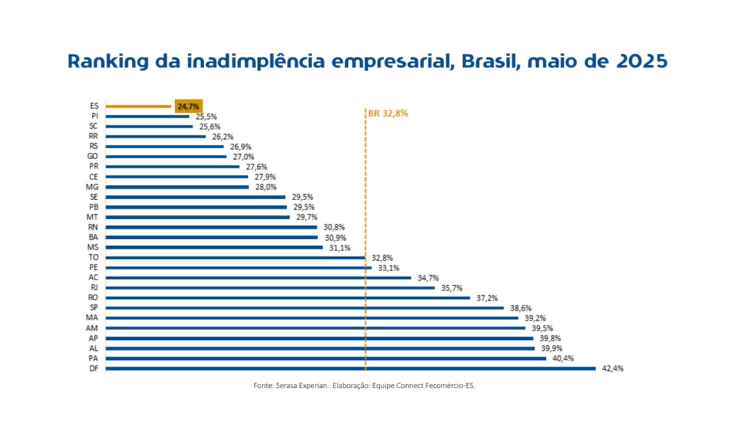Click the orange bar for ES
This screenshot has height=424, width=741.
(138, 106)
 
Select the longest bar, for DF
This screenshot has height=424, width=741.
(350, 369)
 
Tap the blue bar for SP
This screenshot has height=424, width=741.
(304, 308)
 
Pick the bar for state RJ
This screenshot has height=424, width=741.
(270, 288)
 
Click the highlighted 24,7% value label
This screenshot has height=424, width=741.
(188, 106)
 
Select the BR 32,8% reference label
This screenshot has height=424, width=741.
(388, 113)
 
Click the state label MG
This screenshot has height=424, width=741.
(92, 187)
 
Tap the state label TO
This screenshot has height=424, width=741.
(92, 258)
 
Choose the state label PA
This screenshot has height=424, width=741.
(92, 359)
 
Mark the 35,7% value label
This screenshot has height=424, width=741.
(451, 288)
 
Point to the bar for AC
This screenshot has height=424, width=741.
(258, 278)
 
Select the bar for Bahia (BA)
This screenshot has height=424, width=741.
(211, 238)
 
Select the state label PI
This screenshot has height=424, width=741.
(94, 116)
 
